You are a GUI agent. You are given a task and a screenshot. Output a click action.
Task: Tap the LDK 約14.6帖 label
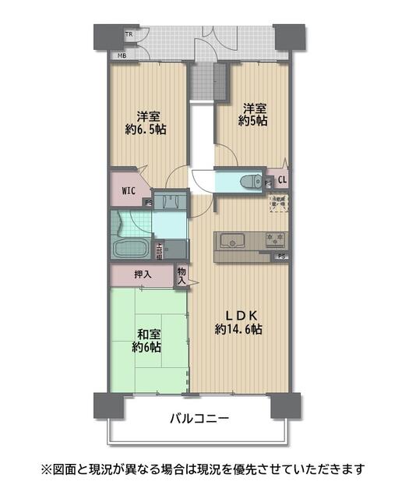239,322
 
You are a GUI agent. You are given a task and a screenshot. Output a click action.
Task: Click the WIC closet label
129,189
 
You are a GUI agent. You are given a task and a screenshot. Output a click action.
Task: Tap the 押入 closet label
142,274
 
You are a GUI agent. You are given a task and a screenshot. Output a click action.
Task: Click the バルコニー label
199,419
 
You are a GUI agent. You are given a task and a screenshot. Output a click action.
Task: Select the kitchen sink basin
232,239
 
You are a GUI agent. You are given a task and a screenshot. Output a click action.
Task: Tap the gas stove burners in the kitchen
276,239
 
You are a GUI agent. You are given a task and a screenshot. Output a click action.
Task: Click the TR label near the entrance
129,35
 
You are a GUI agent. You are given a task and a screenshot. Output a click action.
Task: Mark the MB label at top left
122,56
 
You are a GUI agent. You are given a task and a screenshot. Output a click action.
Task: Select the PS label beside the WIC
148,203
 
